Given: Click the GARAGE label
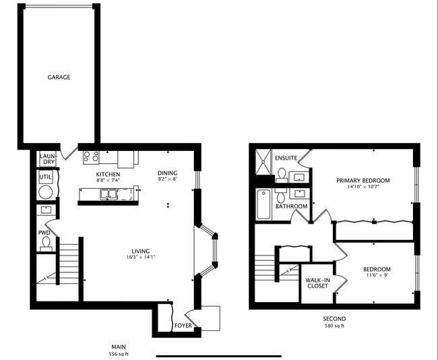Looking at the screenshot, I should coord(59,77).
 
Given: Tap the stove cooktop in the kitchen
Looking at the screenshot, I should coord(90,157).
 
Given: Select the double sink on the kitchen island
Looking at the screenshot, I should coord(108,194).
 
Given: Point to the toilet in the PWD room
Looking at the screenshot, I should coord(46,242).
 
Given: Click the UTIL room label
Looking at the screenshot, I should coord(46,177).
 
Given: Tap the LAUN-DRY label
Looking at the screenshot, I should coord(47,158).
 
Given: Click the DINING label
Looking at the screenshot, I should coord(167,173).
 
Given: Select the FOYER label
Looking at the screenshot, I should coord(183,326).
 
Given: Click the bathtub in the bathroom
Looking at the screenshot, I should coord(263,204).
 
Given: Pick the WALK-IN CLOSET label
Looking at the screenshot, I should coord(317,282).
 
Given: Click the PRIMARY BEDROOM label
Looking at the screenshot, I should coord(363,180).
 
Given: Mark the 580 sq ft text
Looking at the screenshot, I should coord(334,326).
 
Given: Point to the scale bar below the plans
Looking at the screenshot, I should coord(218,355).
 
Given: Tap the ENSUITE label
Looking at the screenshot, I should coord(286,158).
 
